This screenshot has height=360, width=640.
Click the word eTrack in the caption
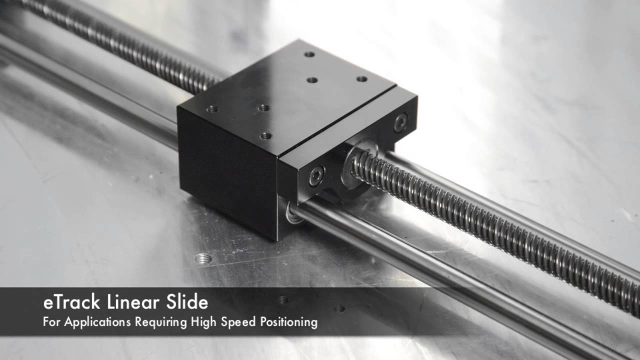(x=71, y=302)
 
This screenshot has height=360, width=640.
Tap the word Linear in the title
(x=133, y=302)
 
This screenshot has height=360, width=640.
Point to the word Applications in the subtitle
(x=97, y=322)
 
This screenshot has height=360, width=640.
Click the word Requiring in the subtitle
(x=161, y=322)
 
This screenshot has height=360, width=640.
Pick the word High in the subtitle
(x=203, y=322)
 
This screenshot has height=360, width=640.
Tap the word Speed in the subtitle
(x=238, y=322)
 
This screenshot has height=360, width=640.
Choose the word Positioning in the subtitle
(x=289, y=322)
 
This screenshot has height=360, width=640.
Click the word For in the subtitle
(x=51, y=321)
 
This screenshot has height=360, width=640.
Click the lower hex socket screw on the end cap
(x=316, y=175)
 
